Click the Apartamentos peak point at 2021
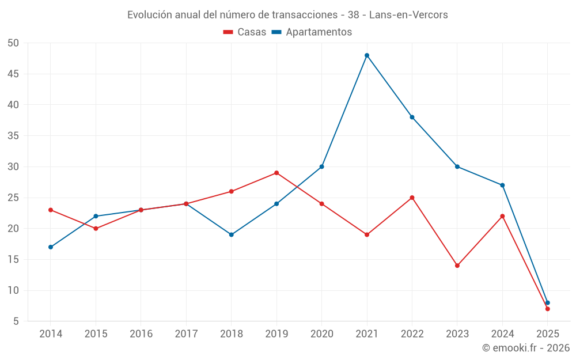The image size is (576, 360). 367,55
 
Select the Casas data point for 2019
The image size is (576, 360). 276,173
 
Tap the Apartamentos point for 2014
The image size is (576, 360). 51,247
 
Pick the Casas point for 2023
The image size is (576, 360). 457,266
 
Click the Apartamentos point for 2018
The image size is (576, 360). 232,234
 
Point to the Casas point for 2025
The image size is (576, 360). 547,309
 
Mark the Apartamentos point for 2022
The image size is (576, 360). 412,117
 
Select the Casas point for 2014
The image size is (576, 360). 51,210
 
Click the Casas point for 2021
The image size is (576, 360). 367,234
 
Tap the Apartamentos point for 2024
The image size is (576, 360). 502,185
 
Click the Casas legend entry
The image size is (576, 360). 245,32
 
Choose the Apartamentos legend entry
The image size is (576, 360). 312,32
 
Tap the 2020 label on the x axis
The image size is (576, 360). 321,334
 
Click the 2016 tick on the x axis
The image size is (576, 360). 141,334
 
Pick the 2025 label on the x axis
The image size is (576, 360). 547,334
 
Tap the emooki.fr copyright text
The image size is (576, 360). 526,348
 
